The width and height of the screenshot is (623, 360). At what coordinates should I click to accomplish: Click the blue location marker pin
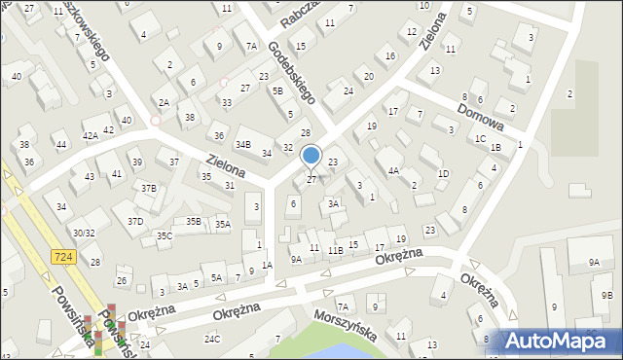[x=311, y=156]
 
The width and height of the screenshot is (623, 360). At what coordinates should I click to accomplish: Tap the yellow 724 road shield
[x=60, y=255]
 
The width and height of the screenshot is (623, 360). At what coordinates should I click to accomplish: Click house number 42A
[x=90, y=136]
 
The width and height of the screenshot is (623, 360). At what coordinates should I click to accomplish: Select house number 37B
[x=148, y=188]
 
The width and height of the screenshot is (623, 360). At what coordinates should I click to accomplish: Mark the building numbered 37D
[x=134, y=222]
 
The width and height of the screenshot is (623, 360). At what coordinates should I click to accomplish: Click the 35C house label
[x=165, y=235]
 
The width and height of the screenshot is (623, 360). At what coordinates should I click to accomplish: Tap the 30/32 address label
[x=84, y=233]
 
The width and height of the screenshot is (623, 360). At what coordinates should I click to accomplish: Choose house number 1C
[x=480, y=138]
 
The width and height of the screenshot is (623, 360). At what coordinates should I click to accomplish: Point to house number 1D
[x=443, y=173]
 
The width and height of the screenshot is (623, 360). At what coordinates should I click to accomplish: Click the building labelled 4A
[x=393, y=170]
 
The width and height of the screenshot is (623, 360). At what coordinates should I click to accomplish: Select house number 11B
[x=334, y=250]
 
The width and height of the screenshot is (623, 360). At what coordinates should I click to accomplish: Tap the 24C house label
[x=211, y=339]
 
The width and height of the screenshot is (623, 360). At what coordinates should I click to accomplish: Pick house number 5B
[x=277, y=90]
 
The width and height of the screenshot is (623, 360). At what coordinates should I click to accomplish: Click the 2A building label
[x=164, y=102]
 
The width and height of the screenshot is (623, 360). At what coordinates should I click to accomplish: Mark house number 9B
[x=606, y=295]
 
